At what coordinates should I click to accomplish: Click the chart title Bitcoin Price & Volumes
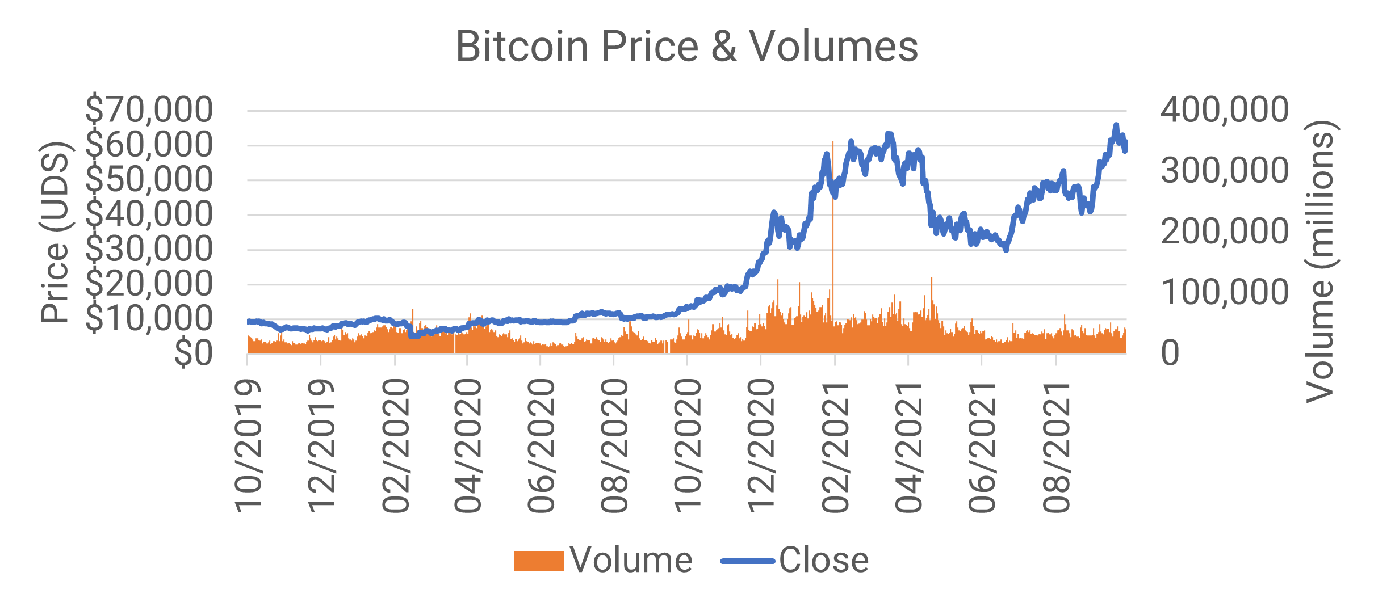point(686,47)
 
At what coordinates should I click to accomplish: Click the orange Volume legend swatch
point(538,561)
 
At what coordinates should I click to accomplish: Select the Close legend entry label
point(823,561)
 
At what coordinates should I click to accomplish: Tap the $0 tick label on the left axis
point(193,353)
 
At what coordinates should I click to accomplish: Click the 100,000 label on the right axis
point(1224,292)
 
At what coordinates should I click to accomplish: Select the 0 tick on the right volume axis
point(1170,353)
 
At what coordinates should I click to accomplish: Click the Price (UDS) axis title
point(55,233)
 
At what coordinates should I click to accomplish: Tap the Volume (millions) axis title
point(1321,261)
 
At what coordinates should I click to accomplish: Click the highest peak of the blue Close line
point(1116,125)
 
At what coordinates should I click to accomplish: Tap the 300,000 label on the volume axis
point(1224,170)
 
